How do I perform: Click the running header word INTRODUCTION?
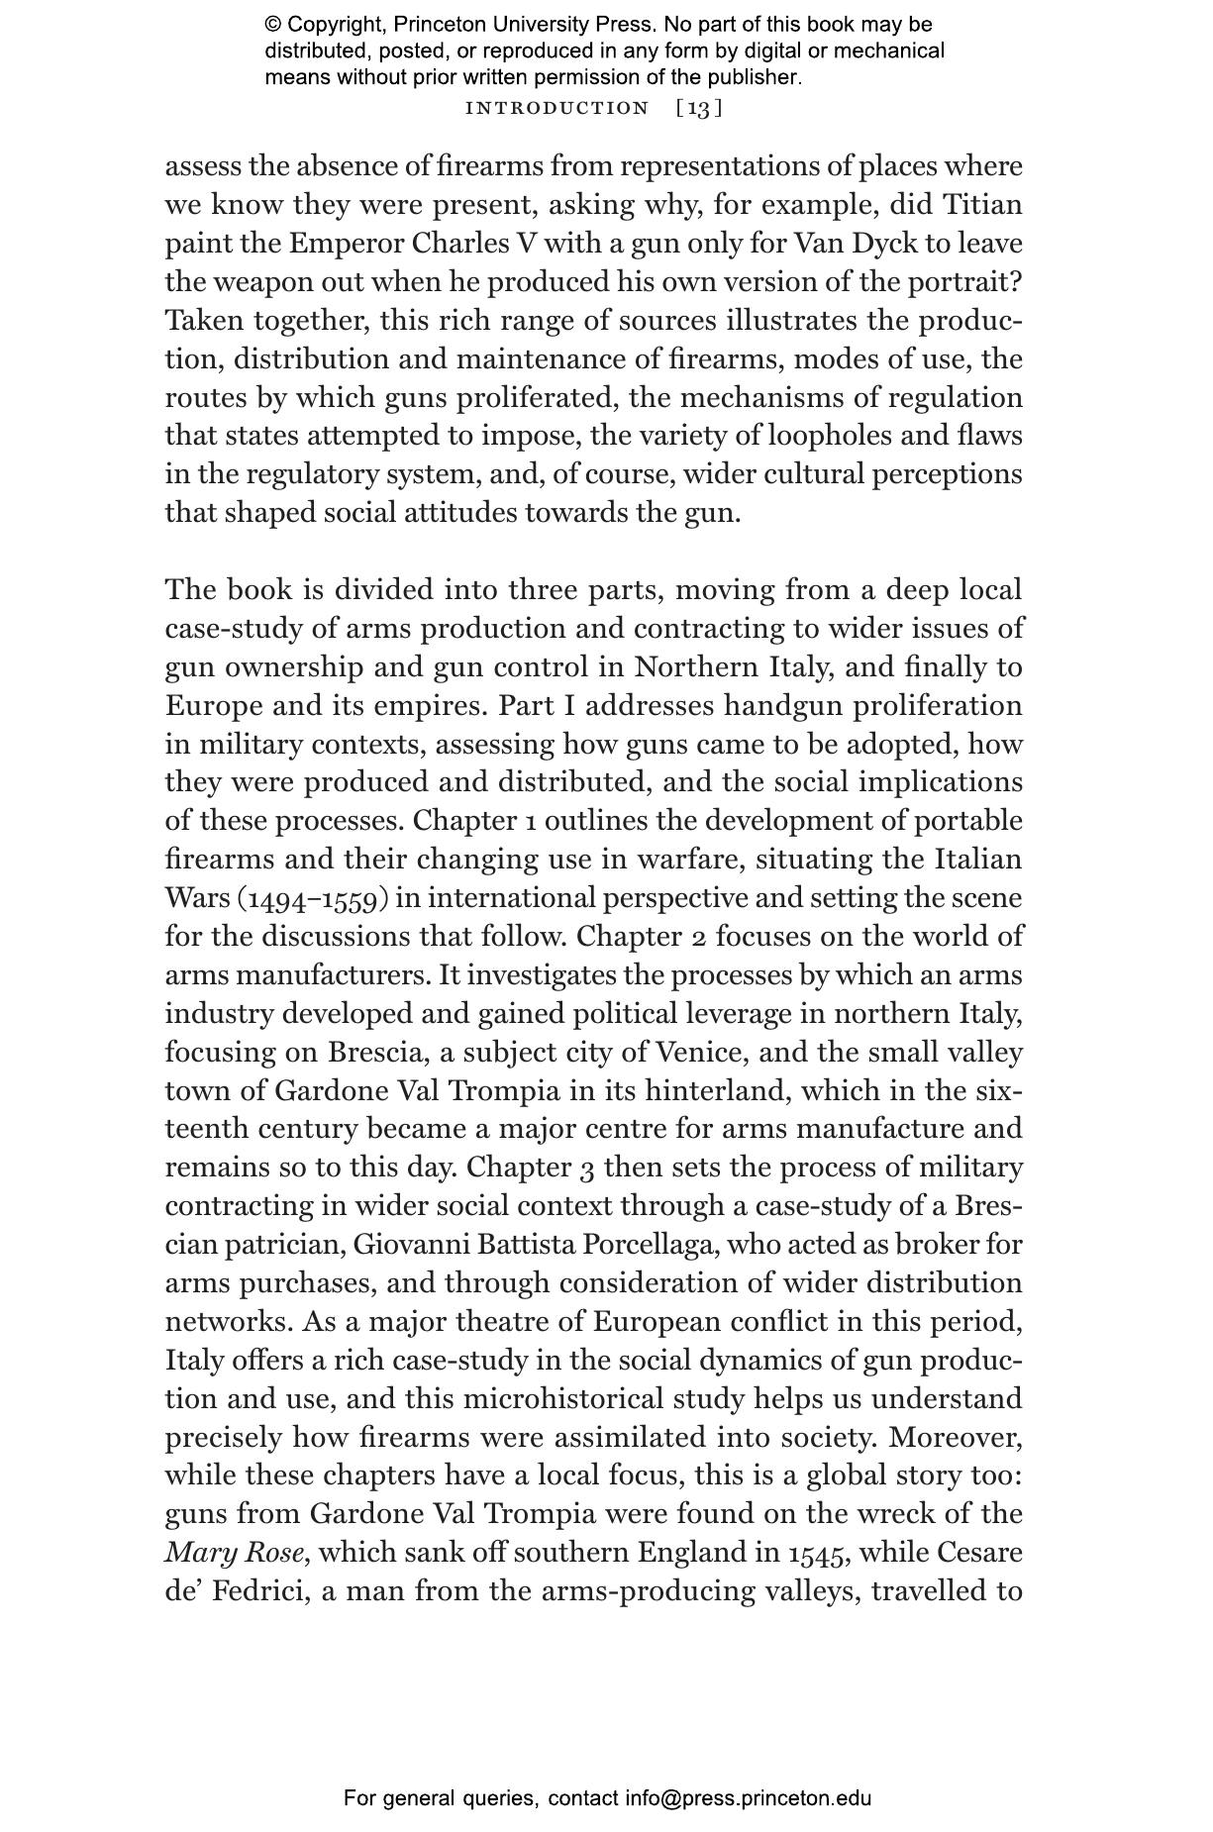[556, 108]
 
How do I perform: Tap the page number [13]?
[699, 108]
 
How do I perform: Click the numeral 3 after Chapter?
[587, 1168]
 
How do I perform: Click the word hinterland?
[717, 1090]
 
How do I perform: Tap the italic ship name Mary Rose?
[234, 1553]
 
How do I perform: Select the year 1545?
[818, 1553]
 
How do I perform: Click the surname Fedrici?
[256, 1591]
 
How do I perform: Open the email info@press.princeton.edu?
[748, 1798]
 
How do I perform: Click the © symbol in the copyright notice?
[273, 25]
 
